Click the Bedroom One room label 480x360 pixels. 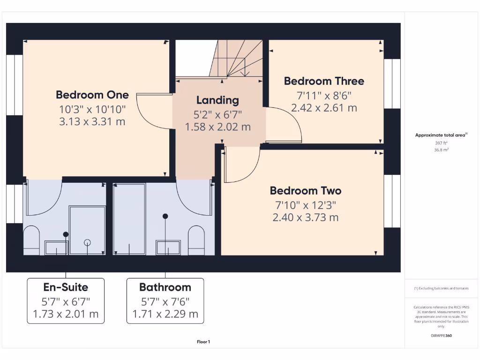pos(92,95)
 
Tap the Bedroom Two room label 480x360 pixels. pos(305,191)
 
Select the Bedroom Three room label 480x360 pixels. pos(324,81)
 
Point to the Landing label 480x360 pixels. pos(217,100)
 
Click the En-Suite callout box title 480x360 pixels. pos(66,287)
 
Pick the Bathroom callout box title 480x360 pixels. pos(165,287)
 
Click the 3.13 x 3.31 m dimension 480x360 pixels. pos(92,122)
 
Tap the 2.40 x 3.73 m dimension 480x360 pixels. pos(305,217)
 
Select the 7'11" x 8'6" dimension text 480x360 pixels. pos(324,95)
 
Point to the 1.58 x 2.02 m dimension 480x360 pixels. pos(217,127)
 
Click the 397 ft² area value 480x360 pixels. pos(441,143)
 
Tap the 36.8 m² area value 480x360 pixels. pos(441,150)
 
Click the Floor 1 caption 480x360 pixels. pos(203,342)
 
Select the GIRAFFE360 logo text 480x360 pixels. pos(441,336)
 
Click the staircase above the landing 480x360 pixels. pos(237,59)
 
